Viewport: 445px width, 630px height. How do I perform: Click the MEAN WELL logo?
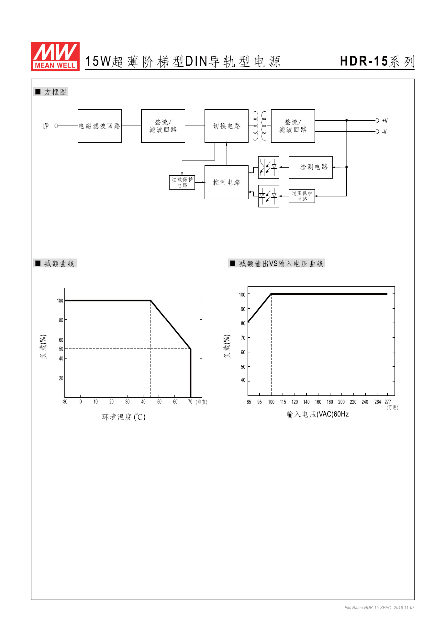pyautogui.click(x=55, y=56)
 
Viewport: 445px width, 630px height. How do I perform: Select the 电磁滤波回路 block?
pyautogui.click(x=100, y=126)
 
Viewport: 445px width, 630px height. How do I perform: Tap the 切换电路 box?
pyautogui.click(x=227, y=126)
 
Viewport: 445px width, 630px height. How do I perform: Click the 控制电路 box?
pyautogui.click(x=227, y=182)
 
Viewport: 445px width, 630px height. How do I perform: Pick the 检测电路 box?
pyautogui.click(x=311, y=167)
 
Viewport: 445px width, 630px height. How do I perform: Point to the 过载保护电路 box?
pyautogui.click(x=182, y=182)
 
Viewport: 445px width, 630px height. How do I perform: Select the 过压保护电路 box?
pyautogui.click(x=302, y=196)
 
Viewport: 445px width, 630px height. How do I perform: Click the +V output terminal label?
pyautogui.click(x=384, y=121)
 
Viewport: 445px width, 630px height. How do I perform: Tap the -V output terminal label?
pyautogui.click(x=384, y=132)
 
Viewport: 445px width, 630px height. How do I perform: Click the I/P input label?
pyautogui.click(x=46, y=126)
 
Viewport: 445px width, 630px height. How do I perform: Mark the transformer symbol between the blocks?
pyautogui.click(x=260, y=126)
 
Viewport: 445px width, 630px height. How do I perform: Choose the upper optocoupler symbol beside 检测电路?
pyautogui.click(x=269, y=167)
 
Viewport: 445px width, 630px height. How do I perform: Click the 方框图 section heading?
pyautogui.click(x=55, y=92)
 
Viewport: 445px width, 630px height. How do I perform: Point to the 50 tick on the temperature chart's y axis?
pyautogui.click(x=61, y=349)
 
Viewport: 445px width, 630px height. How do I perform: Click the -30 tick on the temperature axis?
pyautogui.click(x=65, y=402)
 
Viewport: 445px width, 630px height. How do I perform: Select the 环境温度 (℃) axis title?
pyautogui.click(x=124, y=417)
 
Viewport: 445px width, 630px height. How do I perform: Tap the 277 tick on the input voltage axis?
pyautogui.click(x=388, y=402)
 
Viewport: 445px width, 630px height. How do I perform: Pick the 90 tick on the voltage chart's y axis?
pyautogui.click(x=243, y=309)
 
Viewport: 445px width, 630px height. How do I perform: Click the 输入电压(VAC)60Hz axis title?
pyautogui.click(x=317, y=414)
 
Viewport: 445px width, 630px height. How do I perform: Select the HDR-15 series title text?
pyautogui.click(x=377, y=61)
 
